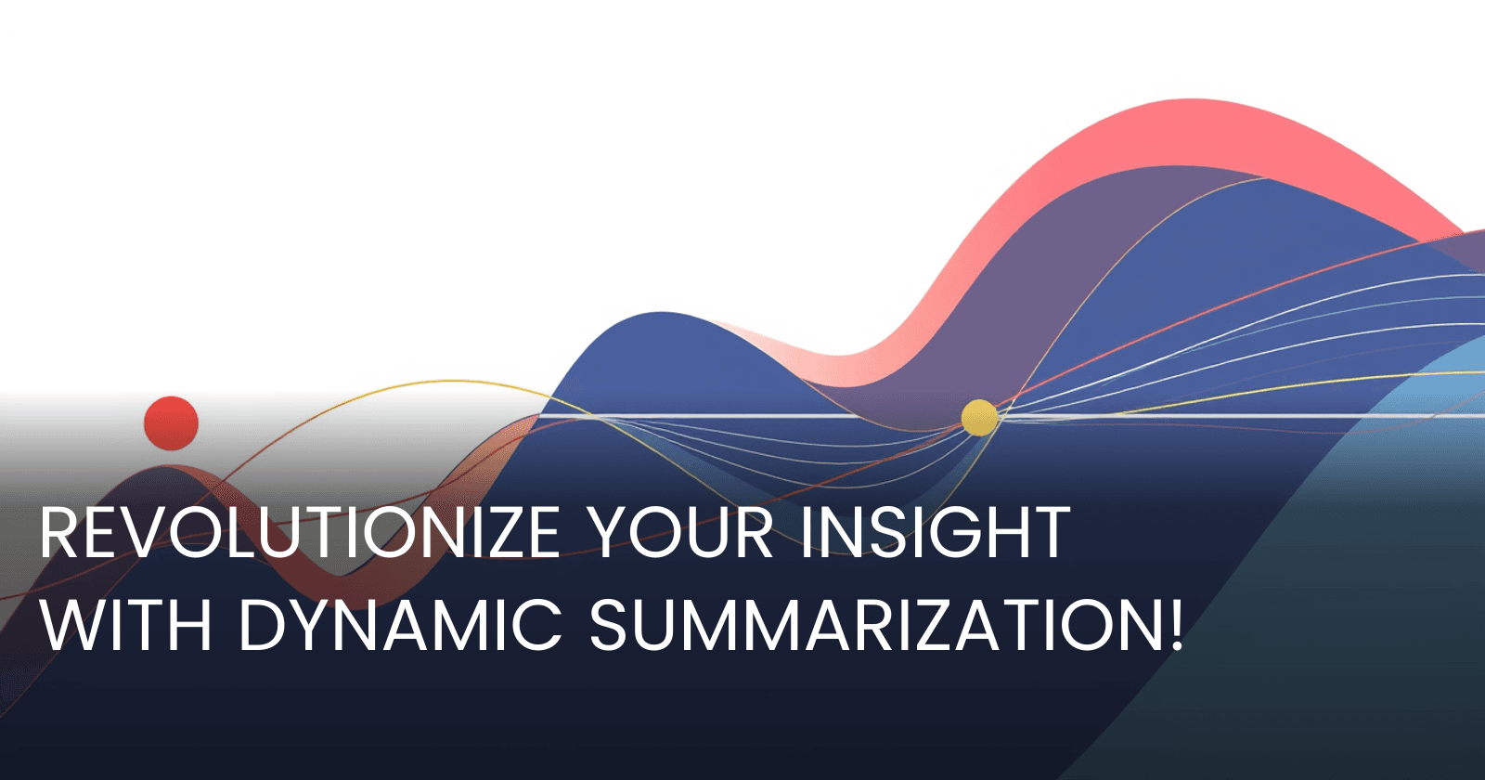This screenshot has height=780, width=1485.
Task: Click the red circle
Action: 171,423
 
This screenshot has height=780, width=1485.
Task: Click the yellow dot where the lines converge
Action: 979,418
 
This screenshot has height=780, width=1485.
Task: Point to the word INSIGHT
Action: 936,533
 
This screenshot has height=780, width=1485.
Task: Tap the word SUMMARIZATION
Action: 872,624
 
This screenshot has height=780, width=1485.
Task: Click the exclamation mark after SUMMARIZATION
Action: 1175,624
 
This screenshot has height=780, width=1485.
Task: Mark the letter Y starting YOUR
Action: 609,533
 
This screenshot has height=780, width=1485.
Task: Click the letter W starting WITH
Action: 68,624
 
